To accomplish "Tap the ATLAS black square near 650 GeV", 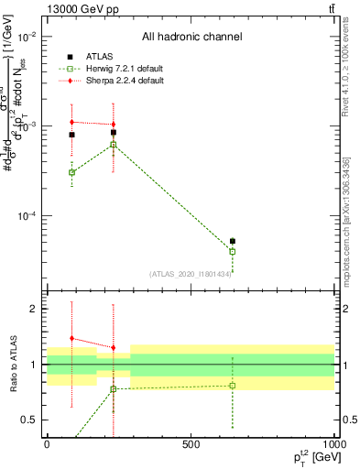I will [233, 241].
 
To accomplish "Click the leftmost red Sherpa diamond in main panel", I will [71, 122].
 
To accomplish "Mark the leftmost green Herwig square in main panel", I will [71, 172].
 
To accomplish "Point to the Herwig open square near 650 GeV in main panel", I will [233, 251].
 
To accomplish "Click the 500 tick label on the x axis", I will [190, 444].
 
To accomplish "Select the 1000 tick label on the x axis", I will [332, 444].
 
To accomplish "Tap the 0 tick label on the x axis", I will [47, 444].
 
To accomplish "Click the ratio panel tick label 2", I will [35, 309].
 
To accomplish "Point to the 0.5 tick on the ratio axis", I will [31, 420].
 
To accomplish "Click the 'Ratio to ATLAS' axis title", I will [12, 364].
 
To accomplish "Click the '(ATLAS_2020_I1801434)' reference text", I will [190, 273].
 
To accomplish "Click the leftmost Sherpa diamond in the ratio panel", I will [71, 338].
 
